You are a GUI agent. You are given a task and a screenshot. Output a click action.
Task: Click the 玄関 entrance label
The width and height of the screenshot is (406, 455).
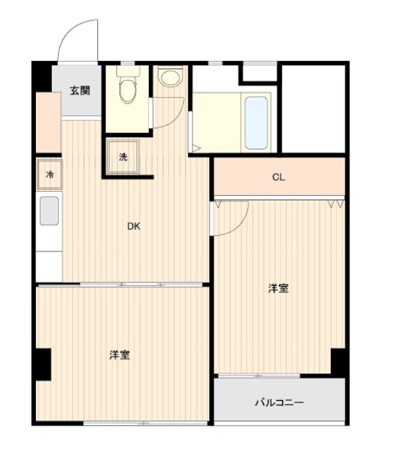click(x=79, y=90)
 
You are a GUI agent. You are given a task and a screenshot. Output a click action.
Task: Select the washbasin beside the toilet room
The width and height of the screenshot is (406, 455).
click(x=169, y=77)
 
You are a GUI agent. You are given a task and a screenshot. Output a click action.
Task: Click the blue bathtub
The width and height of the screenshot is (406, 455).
click(x=256, y=121)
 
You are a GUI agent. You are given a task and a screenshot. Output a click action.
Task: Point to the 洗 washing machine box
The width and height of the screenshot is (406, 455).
click(x=124, y=157)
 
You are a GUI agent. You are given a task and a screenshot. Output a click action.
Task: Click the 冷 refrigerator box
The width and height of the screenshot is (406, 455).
click(x=49, y=175)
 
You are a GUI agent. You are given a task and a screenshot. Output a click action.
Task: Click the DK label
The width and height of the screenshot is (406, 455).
click(x=134, y=227)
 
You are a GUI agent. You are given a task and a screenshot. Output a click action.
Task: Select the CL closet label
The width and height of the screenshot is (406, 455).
click(x=278, y=177)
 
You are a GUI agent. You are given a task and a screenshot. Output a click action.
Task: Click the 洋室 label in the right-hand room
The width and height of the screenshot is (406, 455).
click(x=278, y=288)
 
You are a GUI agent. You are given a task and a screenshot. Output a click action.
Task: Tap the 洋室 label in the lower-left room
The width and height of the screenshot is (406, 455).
click(x=119, y=355)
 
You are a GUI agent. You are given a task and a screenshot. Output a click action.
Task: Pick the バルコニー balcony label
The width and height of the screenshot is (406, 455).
click(x=278, y=403)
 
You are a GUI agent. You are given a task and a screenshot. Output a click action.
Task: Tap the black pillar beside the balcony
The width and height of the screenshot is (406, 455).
click(x=339, y=359)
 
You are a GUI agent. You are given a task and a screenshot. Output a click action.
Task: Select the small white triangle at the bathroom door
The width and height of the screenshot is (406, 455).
click(x=197, y=146)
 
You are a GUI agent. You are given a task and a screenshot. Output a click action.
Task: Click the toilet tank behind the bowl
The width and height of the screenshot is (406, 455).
click(x=125, y=71)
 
